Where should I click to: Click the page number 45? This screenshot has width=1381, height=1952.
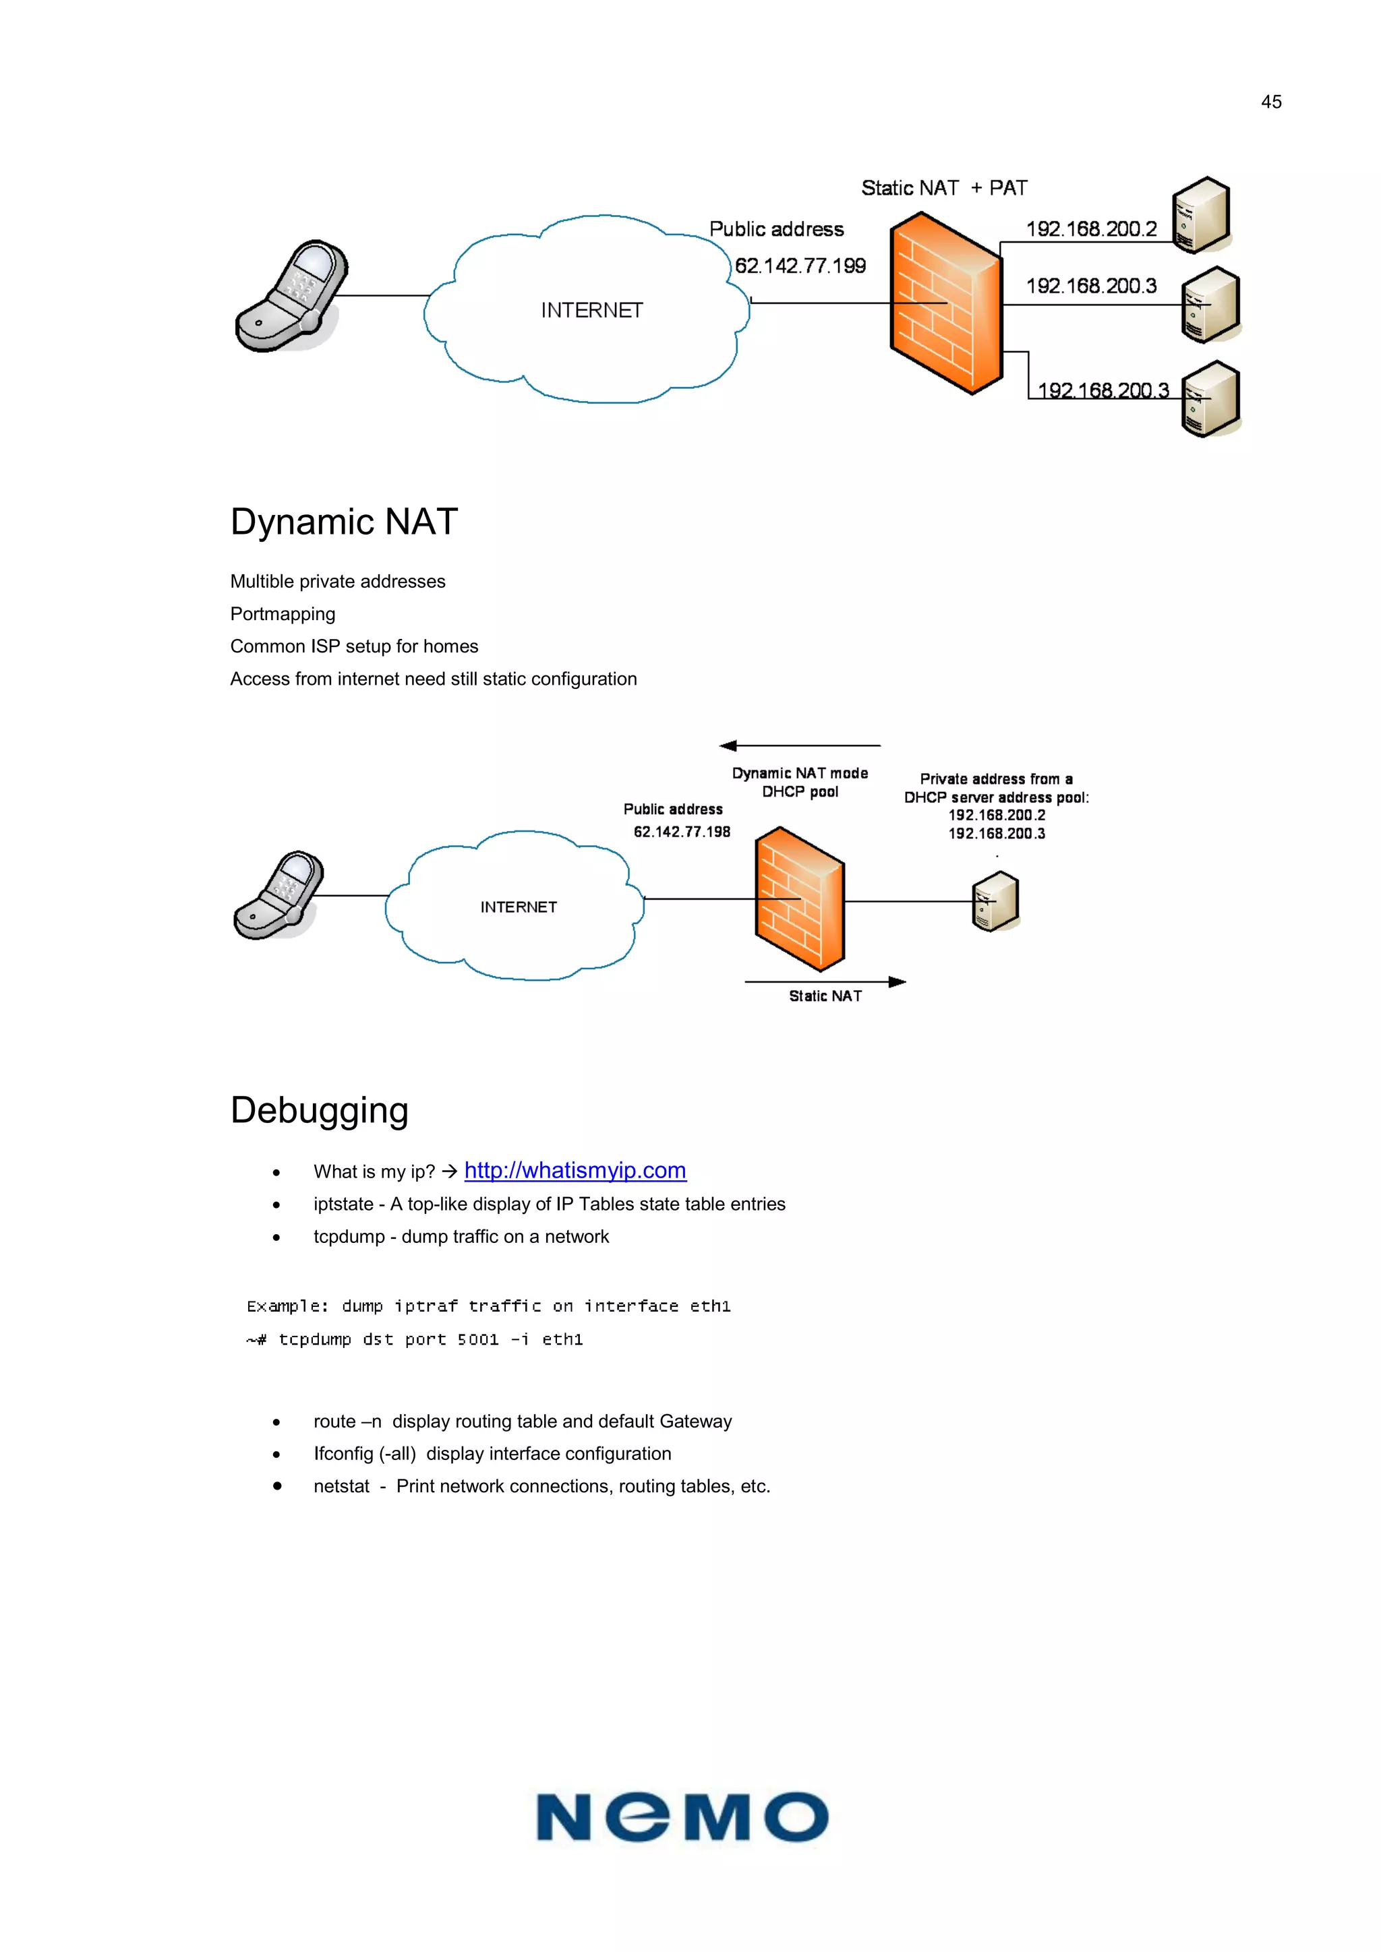(x=1270, y=102)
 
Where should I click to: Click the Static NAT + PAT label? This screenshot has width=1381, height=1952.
(x=944, y=188)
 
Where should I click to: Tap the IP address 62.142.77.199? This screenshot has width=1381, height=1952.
(x=800, y=266)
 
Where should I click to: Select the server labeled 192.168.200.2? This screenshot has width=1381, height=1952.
(x=1201, y=215)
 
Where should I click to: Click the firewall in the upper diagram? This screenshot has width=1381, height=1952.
(x=945, y=303)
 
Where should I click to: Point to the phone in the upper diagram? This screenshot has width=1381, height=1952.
(x=292, y=295)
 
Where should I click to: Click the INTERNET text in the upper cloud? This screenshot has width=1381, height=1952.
(x=592, y=310)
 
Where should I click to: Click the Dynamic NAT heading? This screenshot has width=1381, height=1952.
(x=345, y=521)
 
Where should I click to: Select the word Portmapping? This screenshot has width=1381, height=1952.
(x=283, y=614)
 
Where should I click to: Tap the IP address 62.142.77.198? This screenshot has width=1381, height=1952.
(x=681, y=832)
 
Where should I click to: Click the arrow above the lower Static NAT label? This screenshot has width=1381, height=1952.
(x=825, y=982)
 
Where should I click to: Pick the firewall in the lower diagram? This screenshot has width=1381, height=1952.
(x=799, y=898)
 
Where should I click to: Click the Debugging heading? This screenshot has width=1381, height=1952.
(x=320, y=1110)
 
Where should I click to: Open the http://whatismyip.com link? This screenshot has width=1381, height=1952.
(x=575, y=1171)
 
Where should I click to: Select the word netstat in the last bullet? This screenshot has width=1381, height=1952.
(x=341, y=1486)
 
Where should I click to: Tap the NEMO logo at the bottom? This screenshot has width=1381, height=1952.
(x=682, y=1818)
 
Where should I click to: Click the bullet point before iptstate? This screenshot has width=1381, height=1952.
(x=276, y=1204)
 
